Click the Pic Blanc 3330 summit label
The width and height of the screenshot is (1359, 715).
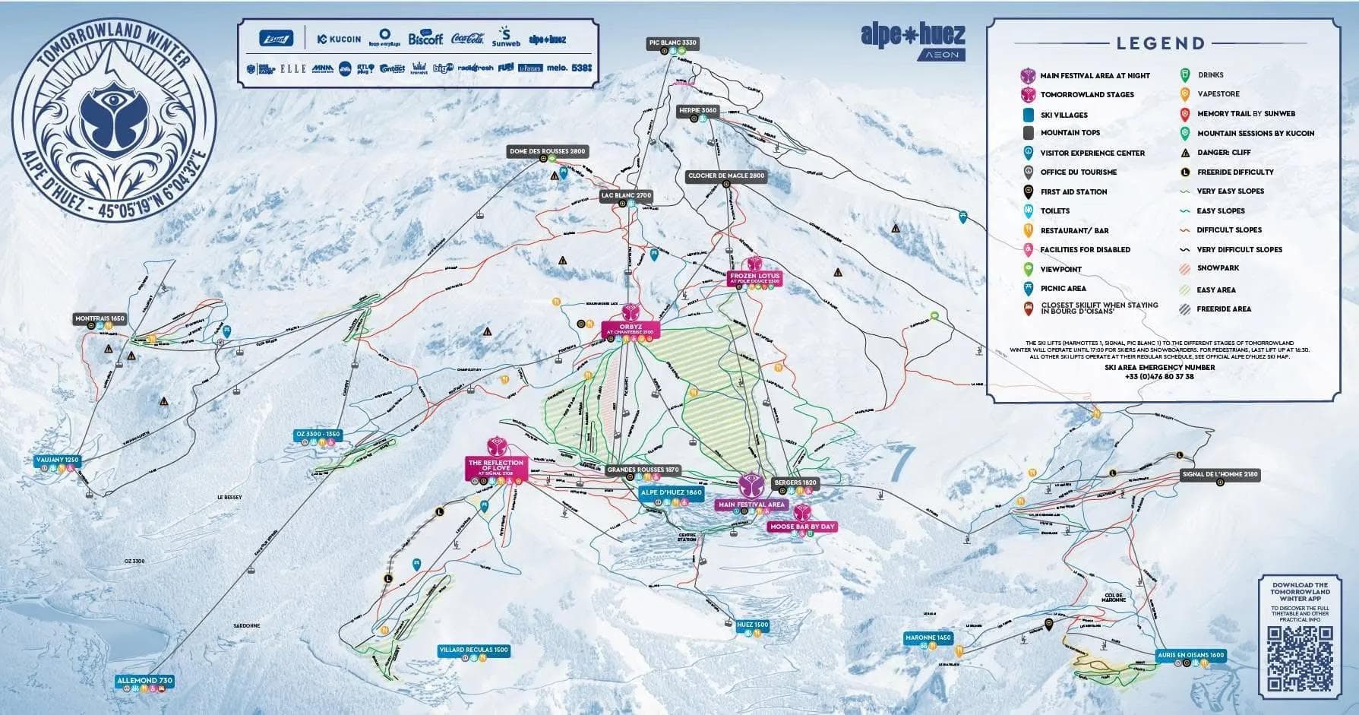pyautogui.click(x=672, y=43)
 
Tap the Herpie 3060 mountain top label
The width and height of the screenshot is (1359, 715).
pyautogui.click(x=697, y=110)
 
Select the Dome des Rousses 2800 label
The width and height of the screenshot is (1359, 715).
pyautogui.click(x=547, y=151)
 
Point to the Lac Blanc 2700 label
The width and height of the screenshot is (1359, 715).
pyautogui.click(x=626, y=195)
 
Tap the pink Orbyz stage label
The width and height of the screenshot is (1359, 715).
pyautogui.click(x=631, y=329)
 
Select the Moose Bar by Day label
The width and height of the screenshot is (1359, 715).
pyautogui.click(x=801, y=526)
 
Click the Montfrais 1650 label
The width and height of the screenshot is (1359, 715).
pyautogui.click(x=100, y=318)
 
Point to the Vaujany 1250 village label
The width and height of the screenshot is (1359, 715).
pyautogui.click(x=57, y=460)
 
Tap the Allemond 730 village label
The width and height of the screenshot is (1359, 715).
pyautogui.click(x=144, y=680)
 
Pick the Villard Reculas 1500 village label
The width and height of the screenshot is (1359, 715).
pyautogui.click(x=473, y=650)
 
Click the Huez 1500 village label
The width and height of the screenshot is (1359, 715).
pyautogui.click(x=752, y=625)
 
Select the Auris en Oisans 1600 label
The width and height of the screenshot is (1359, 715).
pyautogui.click(x=1190, y=654)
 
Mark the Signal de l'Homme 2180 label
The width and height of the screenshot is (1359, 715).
pyautogui.click(x=1220, y=474)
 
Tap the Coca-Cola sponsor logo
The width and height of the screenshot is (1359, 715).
pyautogui.click(x=467, y=38)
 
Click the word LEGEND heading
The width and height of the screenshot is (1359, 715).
pyautogui.click(x=1160, y=43)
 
